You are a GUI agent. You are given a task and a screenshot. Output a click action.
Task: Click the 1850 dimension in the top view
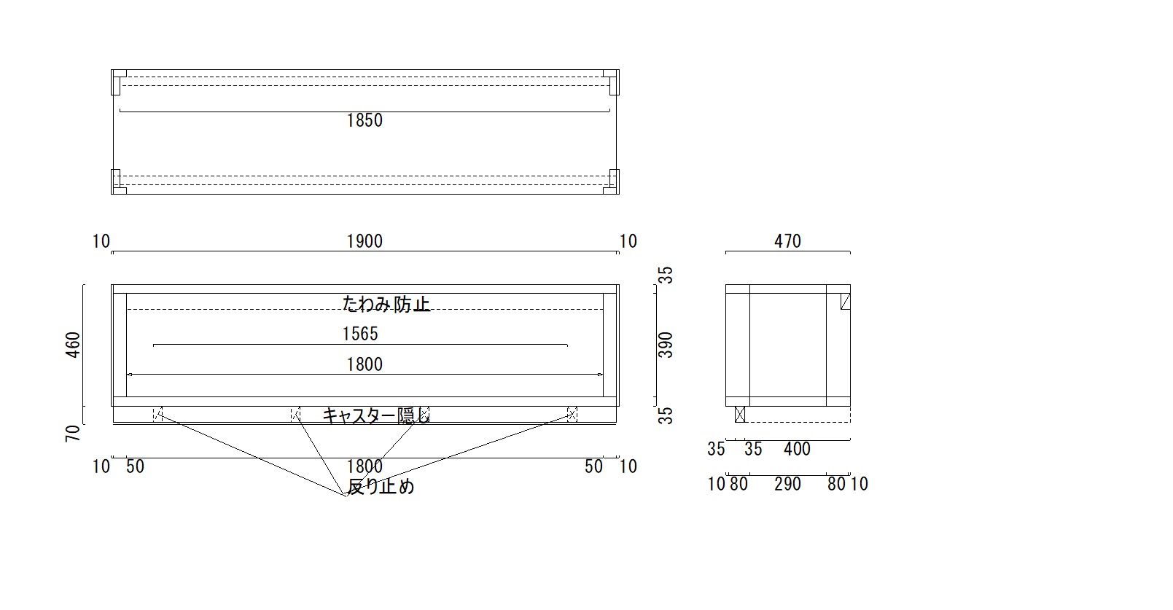click(x=365, y=120)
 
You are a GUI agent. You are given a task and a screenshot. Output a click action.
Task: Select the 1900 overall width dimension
click(x=365, y=241)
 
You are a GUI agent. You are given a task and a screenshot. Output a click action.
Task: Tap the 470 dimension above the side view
click(x=787, y=241)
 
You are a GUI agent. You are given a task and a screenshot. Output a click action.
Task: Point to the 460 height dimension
click(x=74, y=345)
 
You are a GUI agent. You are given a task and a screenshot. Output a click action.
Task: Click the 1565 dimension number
click(x=359, y=334)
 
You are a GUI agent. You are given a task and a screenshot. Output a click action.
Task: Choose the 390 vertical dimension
click(x=665, y=345)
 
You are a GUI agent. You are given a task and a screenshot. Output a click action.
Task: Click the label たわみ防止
click(x=386, y=304)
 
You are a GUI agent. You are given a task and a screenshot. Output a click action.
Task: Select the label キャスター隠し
click(x=376, y=415)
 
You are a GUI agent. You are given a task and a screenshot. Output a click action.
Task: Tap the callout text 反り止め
click(x=381, y=486)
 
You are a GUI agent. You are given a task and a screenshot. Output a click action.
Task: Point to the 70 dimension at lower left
click(x=74, y=434)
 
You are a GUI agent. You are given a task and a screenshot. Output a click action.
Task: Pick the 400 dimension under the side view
click(x=797, y=449)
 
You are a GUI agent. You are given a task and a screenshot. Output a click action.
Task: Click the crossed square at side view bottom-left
click(x=740, y=414)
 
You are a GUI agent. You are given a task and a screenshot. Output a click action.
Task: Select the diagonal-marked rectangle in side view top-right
click(x=845, y=302)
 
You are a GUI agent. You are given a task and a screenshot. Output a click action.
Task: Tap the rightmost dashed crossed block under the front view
click(x=572, y=414)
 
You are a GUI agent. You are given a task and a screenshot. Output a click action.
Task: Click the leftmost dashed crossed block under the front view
click(x=157, y=414)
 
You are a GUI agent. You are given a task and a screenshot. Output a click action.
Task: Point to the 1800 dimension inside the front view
click(x=365, y=364)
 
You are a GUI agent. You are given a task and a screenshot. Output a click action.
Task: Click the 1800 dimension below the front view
click(x=365, y=466)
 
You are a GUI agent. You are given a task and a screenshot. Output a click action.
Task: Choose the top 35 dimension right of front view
click(x=665, y=275)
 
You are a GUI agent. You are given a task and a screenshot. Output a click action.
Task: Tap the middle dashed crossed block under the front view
click(x=295, y=414)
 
